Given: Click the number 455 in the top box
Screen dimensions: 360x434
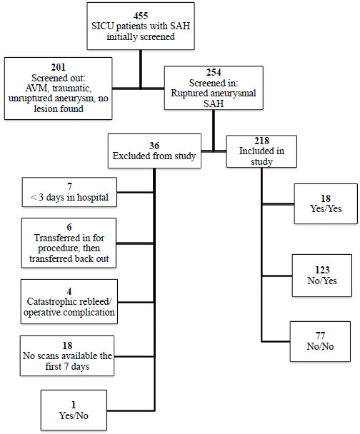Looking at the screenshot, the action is click(141, 16).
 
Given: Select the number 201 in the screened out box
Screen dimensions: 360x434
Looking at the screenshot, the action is click(59, 67).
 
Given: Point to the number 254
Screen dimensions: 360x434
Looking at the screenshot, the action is click(214, 72).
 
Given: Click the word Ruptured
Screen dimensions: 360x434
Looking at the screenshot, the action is click(188, 94).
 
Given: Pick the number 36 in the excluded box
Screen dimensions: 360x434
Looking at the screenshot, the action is click(154, 146).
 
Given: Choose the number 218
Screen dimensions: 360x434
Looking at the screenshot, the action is click(261, 141).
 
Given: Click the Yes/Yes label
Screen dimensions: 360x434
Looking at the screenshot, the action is click(326, 208).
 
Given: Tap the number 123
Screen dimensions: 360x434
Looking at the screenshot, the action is click(322, 270).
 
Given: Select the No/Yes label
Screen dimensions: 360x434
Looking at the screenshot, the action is click(322, 281).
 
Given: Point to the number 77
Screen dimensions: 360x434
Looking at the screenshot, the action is click(320, 335).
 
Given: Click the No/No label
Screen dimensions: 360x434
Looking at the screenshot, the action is click(320, 346).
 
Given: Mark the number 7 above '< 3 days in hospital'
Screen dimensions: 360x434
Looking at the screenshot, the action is click(69, 186).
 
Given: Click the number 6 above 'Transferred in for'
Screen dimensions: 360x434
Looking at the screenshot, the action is click(69, 227).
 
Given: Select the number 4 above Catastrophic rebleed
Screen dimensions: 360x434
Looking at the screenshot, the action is click(69, 291).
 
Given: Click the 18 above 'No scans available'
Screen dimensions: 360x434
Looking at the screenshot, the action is click(67, 345).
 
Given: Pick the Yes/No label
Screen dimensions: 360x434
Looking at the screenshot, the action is click(74, 415).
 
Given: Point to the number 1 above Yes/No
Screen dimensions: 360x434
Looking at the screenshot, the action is click(74, 405).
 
